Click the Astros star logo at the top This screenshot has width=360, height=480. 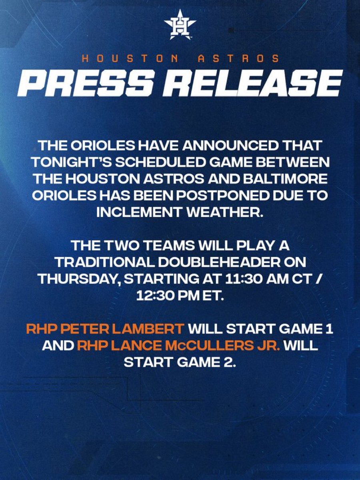pyautogui.click(x=180, y=25)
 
